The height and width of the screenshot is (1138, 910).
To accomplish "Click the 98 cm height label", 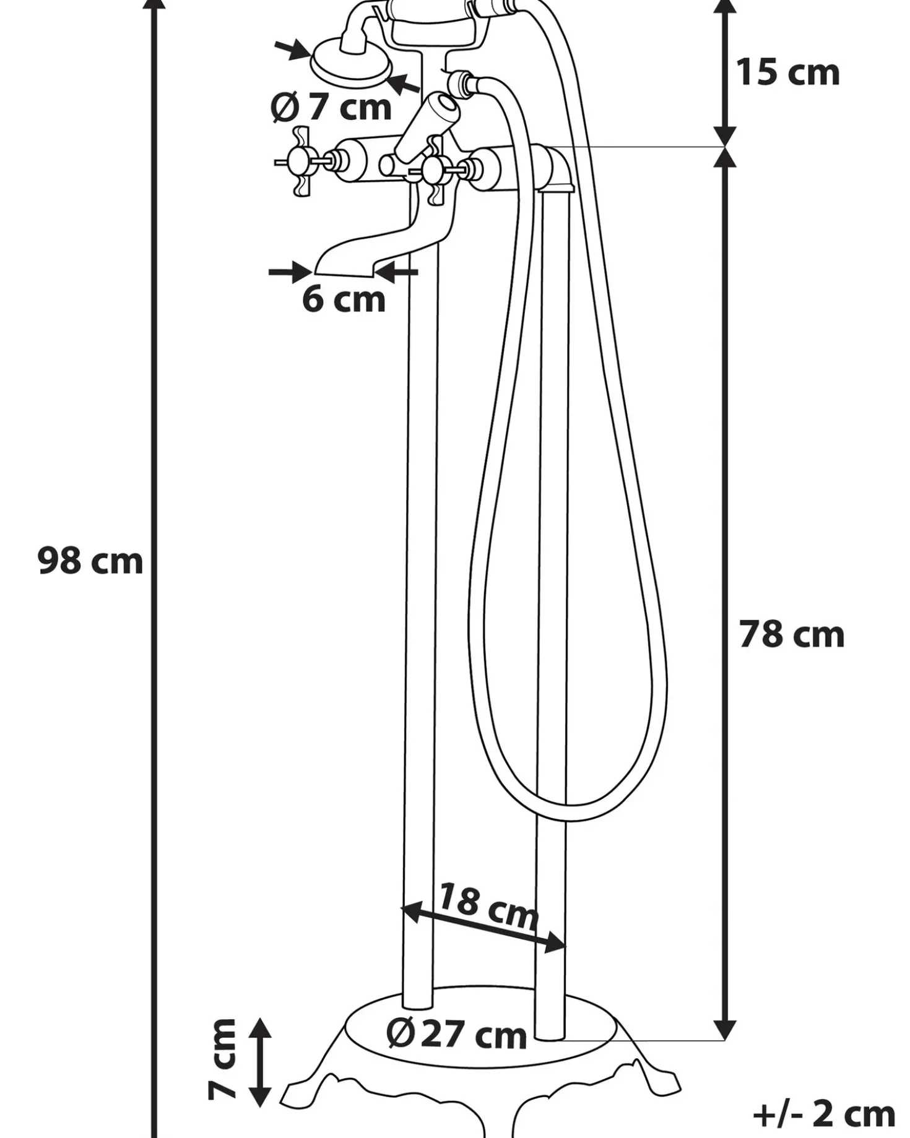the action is (x=90, y=561).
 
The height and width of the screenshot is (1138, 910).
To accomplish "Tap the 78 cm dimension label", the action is (x=792, y=634).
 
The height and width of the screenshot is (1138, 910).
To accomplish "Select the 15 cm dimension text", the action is (x=787, y=72).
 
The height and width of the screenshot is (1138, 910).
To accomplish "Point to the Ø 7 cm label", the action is (x=331, y=106).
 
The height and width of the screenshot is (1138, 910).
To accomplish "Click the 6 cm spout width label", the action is (x=344, y=299).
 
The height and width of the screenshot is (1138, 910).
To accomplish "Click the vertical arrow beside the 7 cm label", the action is (x=261, y=1062).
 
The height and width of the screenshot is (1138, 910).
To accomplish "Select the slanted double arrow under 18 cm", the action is (x=484, y=926).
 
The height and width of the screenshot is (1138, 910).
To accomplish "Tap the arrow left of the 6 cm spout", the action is (x=290, y=272).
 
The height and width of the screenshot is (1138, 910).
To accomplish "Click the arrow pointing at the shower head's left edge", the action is (x=293, y=49).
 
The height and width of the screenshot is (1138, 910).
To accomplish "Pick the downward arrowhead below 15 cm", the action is (x=725, y=136).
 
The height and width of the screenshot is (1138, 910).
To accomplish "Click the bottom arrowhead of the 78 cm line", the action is (x=725, y=1030).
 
